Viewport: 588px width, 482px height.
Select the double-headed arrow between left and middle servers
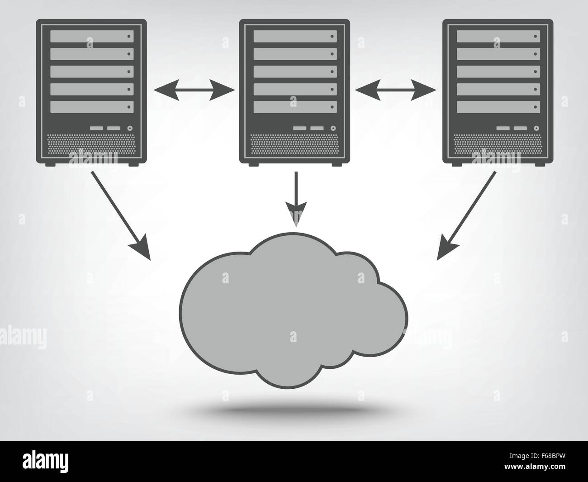194,90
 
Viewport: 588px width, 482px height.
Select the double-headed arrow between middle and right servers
396,90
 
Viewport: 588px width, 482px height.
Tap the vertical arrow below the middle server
296,199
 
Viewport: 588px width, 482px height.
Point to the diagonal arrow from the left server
121,215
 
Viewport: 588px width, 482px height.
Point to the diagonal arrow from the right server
466,215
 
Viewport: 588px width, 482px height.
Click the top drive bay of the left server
92,36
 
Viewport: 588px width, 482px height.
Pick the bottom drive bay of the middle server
295,107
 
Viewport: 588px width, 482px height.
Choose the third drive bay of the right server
498,72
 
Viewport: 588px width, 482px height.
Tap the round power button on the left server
130,129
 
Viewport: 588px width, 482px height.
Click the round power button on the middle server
333,129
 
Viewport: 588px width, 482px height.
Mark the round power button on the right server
536,129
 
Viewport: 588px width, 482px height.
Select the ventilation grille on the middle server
295,144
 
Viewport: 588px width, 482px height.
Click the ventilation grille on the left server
91,144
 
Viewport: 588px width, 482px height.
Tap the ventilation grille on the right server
498,144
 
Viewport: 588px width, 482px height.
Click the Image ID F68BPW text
537,456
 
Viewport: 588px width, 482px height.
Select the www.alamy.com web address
535,466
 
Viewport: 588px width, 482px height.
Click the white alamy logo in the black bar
45,462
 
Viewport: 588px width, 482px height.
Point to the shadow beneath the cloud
293,410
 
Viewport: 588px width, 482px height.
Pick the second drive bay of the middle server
295,54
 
